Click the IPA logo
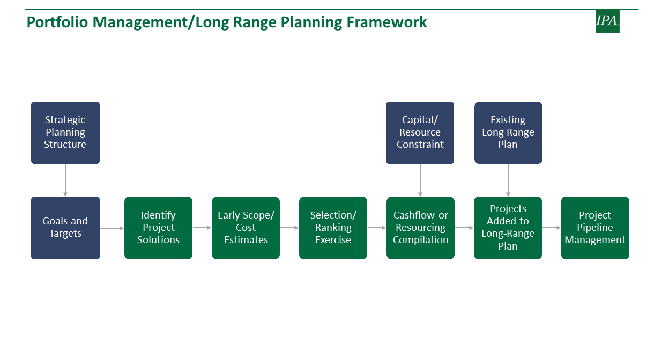[x=607, y=21]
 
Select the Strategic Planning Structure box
[x=65, y=133]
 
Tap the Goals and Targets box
[x=65, y=228]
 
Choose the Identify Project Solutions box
[x=158, y=228]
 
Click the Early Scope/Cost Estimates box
[x=246, y=228]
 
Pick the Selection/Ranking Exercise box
[x=333, y=228]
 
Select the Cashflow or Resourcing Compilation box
[x=420, y=228]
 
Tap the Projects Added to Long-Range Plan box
[x=508, y=228]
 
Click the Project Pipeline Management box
[x=595, y=228]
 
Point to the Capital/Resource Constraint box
[x=420, y=133]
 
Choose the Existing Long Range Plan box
[x=508, y=133]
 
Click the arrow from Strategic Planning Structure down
[x=65, y=181]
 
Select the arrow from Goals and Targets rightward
[x=111, y=228]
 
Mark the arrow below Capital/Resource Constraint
[x=420, y=181]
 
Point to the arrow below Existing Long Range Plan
[x=508, y=181]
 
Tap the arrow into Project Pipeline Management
[x=552, y=228]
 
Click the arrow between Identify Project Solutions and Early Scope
[x=202, y=228]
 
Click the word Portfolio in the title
[x=57, y=22]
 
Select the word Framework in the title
[x=386, y=22]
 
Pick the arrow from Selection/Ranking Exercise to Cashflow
[x=377, y=228]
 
